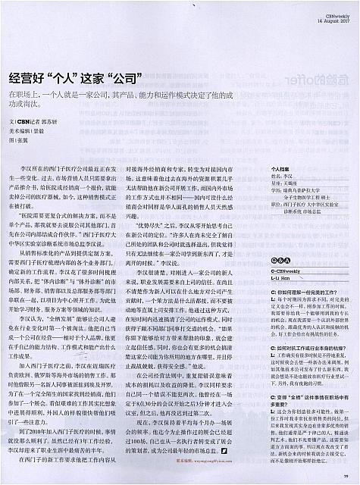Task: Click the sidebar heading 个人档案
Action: tap(282, 172)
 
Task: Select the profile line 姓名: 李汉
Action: tap(281, 179)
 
